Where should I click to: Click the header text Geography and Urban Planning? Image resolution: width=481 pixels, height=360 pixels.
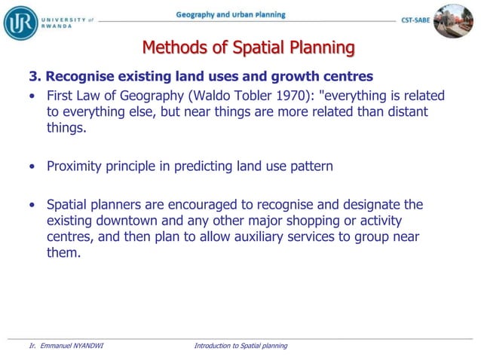coord(230,14)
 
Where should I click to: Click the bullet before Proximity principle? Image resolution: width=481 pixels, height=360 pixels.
coord(32,166)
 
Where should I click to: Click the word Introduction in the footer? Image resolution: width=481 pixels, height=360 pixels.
coord(213,346)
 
